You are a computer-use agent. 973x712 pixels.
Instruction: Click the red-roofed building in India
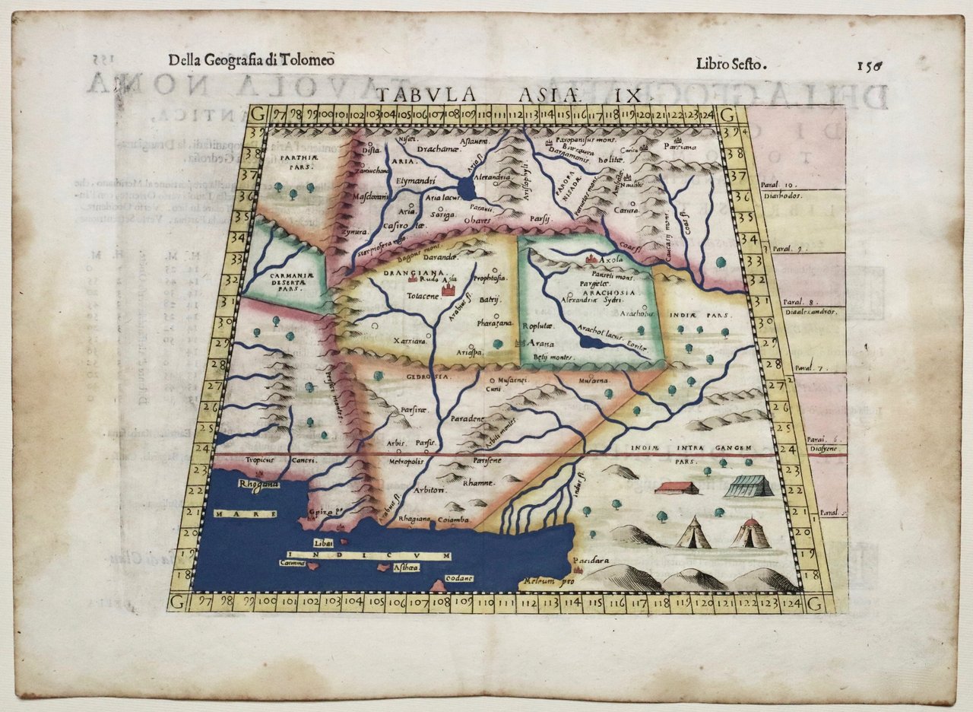(676, 487)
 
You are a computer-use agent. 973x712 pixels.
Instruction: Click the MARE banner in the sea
(246, 514)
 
